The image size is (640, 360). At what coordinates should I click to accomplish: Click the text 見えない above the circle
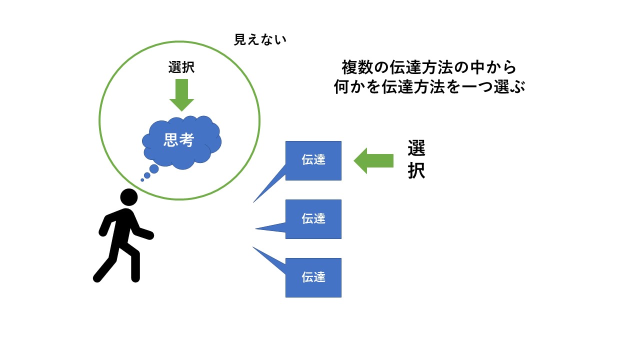tap(260, 40)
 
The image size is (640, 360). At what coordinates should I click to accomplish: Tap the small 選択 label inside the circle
tap(181, 67)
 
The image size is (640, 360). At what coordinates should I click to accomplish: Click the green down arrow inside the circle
tap(181, 95)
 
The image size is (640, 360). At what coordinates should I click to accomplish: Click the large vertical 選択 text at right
tap(416, 160)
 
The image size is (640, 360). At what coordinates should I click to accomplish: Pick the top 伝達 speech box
tap(313, 160)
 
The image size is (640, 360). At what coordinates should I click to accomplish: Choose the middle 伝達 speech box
tap(313, 219)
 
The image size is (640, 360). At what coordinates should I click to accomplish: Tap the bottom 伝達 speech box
tap(313, 277)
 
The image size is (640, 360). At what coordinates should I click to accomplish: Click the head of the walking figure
tap(128, 197)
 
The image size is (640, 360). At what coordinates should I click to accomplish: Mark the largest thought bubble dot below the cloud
tap(154, 169)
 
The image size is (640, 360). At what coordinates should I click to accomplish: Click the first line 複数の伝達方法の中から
tap(428, 66)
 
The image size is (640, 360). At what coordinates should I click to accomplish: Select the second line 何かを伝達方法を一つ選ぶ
tap(428, 87)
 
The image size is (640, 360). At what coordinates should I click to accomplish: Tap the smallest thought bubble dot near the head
tap(142, 180)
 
